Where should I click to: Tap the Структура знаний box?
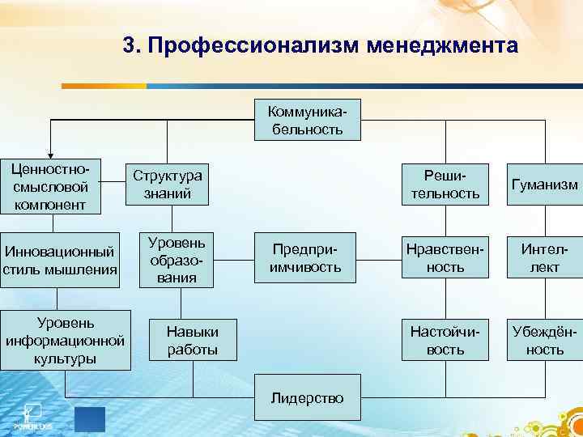click(168, 185)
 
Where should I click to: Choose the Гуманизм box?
click(544, 185)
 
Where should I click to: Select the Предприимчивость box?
click(306, 259)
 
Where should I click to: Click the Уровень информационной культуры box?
click(65, 340)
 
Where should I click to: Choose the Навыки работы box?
click(192, 339)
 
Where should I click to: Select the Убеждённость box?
click(544, 340)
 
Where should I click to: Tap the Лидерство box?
click(306, 397)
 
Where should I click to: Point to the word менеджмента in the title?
click(441, 45)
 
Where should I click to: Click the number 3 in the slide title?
click(130, 45)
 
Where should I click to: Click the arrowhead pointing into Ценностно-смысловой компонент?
click(50, 155)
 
